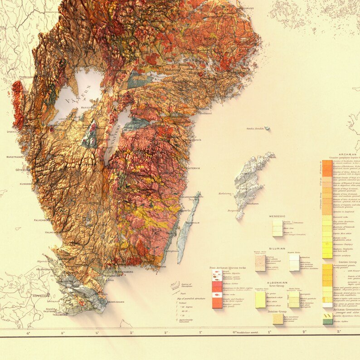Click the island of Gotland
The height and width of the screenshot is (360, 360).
[252, 179]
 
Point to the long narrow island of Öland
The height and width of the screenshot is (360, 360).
[187, 227]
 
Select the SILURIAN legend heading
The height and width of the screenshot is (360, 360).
[277, 248]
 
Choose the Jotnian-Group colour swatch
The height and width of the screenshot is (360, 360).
[278, 319]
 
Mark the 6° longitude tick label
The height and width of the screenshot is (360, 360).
[28, 333]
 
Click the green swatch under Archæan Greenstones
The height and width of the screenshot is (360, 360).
[327, 321]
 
